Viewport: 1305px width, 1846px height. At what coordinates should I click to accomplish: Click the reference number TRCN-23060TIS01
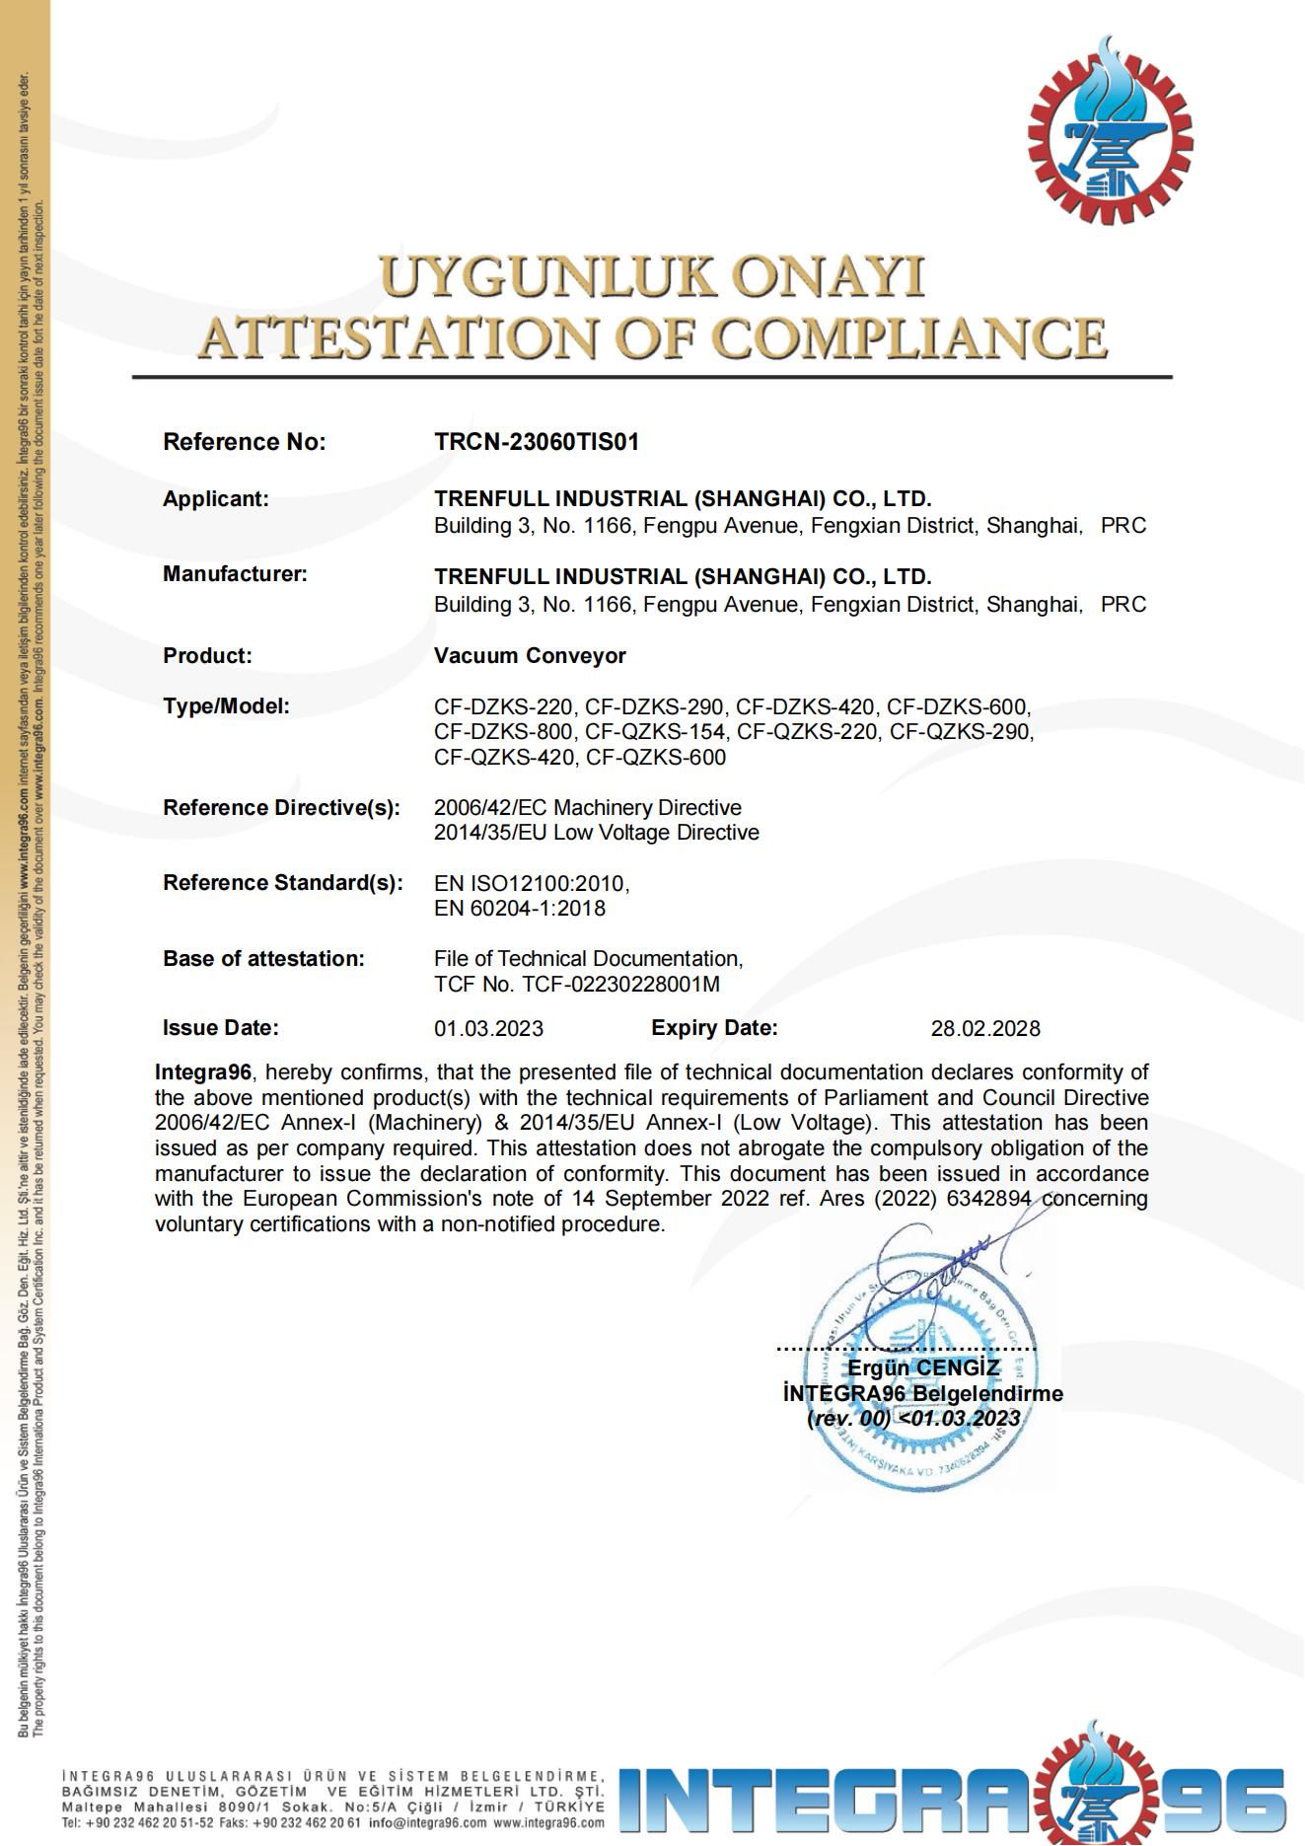coord(537,442)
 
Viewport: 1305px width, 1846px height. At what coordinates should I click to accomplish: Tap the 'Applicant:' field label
coord(215,499)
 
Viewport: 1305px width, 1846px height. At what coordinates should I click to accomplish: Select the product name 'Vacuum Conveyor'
coord(530,656)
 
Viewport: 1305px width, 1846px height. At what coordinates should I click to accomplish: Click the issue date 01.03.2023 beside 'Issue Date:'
coord(488,1029)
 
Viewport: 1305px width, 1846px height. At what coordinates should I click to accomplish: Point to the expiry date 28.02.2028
coord(984,1029)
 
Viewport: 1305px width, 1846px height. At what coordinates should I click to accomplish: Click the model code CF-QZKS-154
coord(655,732)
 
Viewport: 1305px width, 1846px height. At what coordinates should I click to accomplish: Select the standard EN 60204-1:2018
coord(520,909)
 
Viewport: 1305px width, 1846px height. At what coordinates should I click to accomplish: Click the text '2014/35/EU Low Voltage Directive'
coord(597,833)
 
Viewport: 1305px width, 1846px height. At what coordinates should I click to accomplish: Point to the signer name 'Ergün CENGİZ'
coord(923,1367)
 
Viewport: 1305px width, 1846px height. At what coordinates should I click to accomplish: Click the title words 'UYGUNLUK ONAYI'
coord(652,276)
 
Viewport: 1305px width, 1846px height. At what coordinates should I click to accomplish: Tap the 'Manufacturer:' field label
coord(235,574)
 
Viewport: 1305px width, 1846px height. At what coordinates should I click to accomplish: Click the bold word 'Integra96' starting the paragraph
coord(203,1072)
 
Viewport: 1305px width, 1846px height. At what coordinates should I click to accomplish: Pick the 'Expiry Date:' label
coord(714,1028)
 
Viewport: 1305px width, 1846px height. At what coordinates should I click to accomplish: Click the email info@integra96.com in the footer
coord(427,1823)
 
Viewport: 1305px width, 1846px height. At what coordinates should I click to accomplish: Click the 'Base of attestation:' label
coord(263,959)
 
